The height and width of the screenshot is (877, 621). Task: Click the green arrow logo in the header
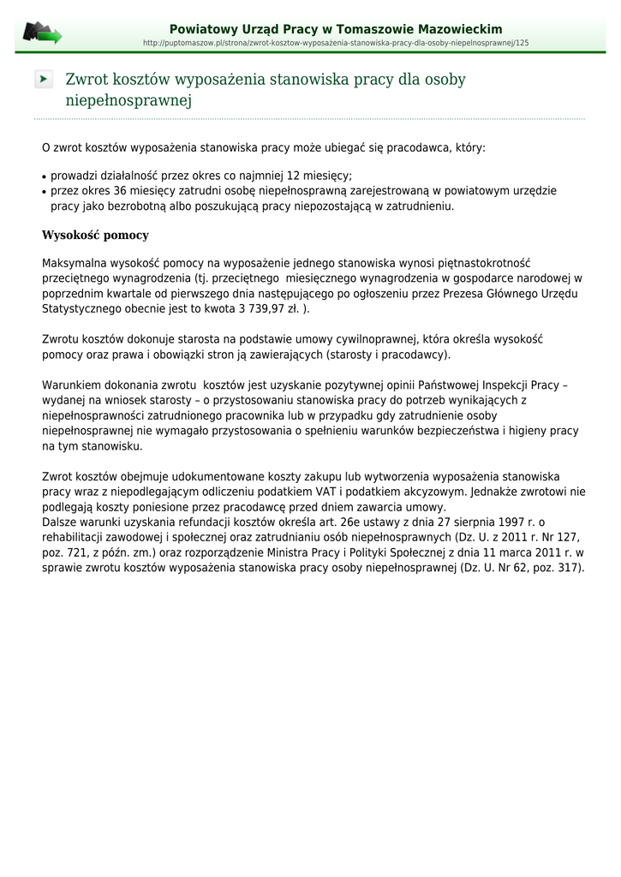pyautogui.click(x=42, y=33)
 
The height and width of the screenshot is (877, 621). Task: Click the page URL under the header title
pyautogui.click(x=336, y=42)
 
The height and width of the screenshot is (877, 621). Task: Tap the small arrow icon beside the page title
pyautogui.click(x=44, y=79)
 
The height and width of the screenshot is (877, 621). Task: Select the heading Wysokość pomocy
pyautogui.click(x=95, y=235)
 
